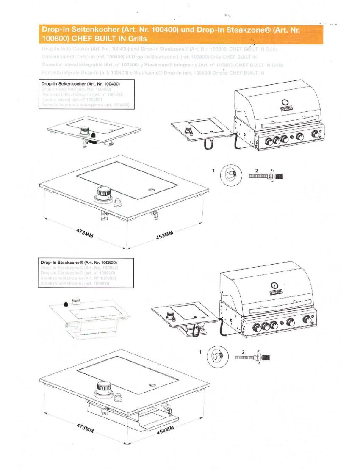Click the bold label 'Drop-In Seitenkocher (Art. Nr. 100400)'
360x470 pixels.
click(80, 84)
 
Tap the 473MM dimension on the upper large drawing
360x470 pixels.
click(84, 233)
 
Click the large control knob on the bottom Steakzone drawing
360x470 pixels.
click(102, 387)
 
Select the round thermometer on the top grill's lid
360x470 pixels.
click(285, 102)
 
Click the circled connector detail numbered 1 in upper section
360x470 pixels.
click(232, 174)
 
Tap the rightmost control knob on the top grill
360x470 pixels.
click(316, 134)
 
